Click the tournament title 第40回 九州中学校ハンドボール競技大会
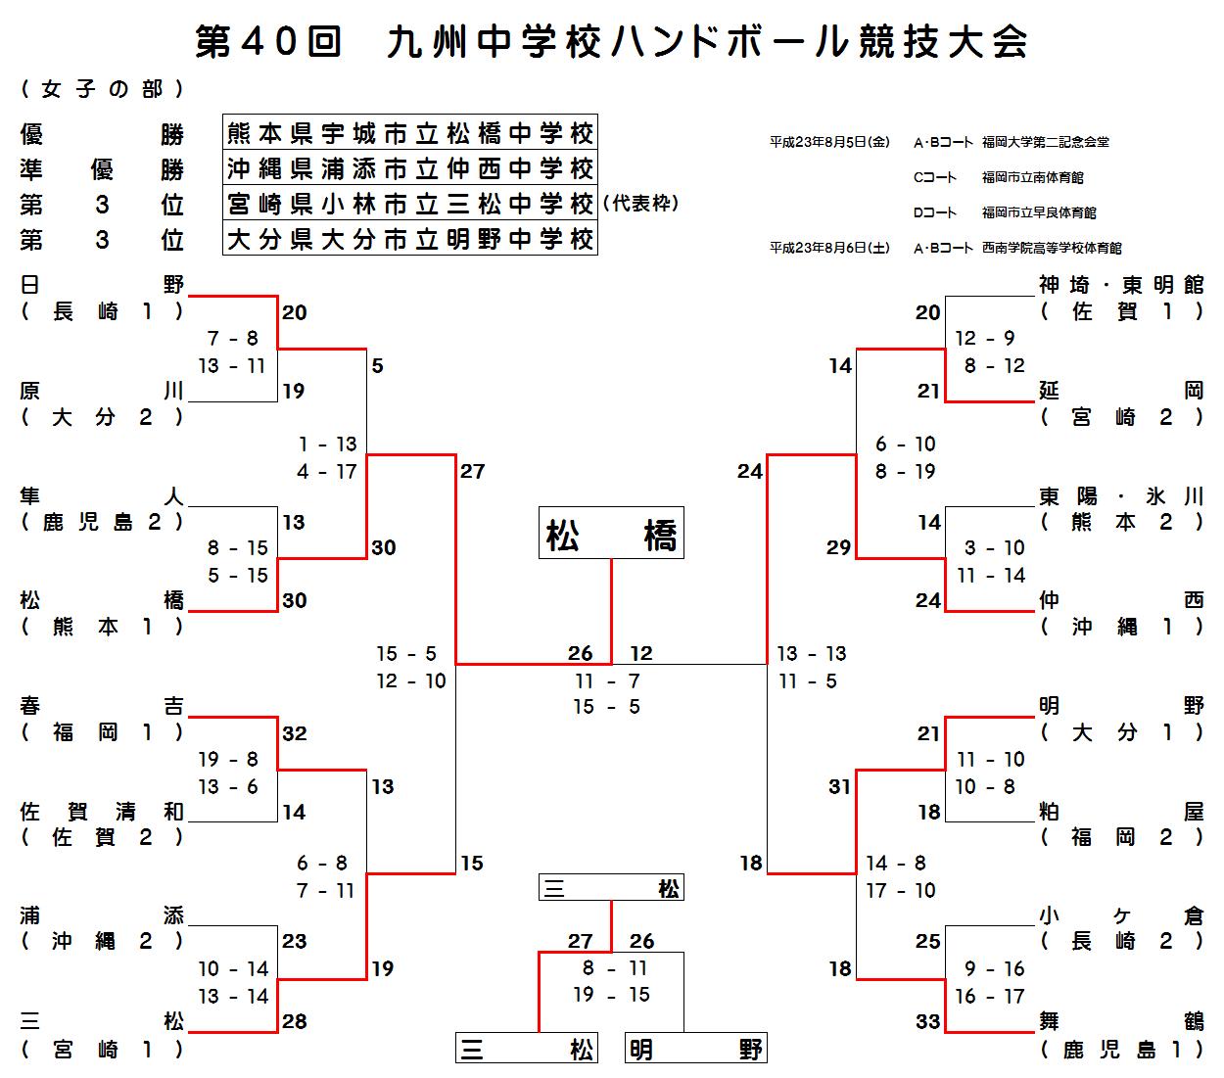click(x=611, y=42)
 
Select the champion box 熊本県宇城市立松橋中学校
click(x=409, y=132)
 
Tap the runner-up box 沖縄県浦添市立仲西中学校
click(x=409, y=167)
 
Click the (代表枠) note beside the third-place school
click(x=641, y=204)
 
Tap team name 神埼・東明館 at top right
click(x=1121, y=285)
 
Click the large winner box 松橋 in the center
click(x=611, y=534)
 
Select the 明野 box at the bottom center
click(x=695, y=1050)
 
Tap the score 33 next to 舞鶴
click(x=928, y=1022)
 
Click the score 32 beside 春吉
click(x=295, y=733)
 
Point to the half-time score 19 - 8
click(x=228, y=760)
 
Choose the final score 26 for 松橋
click(x=581, y=653)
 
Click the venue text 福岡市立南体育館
click(x=1032, y=177)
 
